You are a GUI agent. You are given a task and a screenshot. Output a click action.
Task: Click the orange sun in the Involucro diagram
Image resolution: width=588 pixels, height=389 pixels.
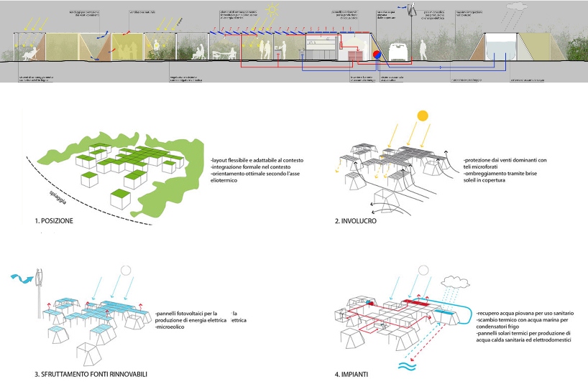click(x=422, y=115)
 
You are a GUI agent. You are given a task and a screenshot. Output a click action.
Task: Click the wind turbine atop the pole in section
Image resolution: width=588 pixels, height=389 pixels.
click(x=412, y=11)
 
